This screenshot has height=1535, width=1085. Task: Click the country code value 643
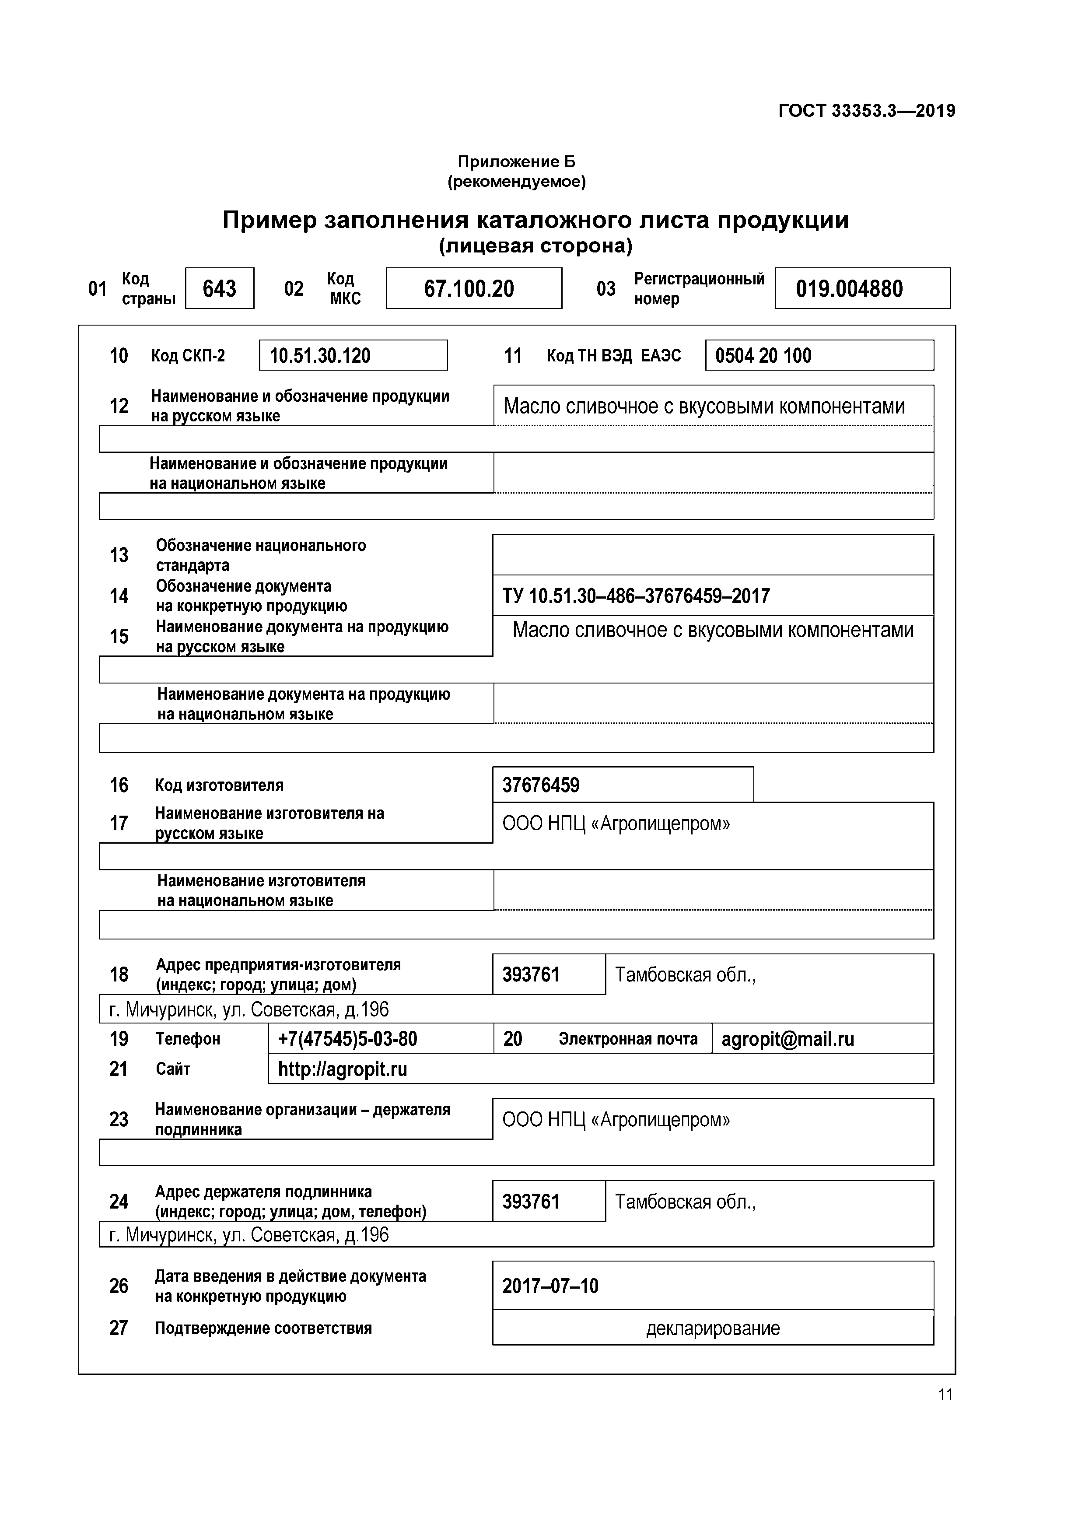[219, 289]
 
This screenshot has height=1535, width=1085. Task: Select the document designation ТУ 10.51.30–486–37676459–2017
[636, 596]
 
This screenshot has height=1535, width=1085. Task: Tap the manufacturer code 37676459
[541, 785]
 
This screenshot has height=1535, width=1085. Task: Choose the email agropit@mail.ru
[787, 1039]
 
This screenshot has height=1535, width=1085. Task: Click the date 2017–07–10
[550, 1286]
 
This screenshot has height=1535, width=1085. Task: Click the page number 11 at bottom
[945, 1395]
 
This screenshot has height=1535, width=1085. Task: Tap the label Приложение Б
[516, 161]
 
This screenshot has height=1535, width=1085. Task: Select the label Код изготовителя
[219, 785]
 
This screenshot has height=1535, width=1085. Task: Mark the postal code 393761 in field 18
[531, 975]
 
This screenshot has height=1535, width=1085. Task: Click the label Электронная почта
[628, 1039]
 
